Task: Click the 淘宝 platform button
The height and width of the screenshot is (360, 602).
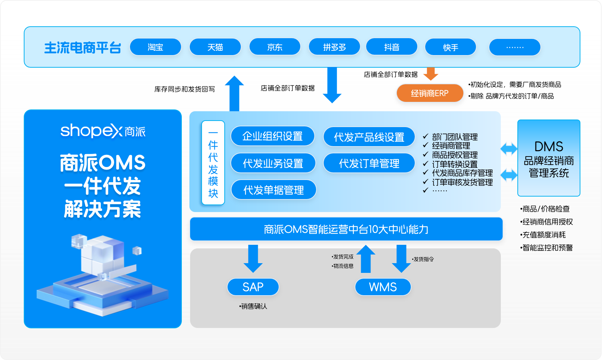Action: coord(155,47)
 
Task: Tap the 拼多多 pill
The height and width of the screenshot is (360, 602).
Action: coord(334,47)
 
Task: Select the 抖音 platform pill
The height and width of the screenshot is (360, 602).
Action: coord(392,47)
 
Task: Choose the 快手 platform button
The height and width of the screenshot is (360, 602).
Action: coord(450,47)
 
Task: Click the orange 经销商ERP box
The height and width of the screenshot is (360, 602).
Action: coord(430,93)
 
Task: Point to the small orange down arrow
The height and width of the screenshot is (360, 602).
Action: coord(431,74)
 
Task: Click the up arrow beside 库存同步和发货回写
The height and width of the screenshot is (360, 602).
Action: coord(234,93)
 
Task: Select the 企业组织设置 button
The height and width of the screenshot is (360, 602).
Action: coord(273,136)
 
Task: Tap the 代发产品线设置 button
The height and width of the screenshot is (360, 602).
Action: coord(369,137)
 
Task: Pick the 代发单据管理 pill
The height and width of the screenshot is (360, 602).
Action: coord(274,190)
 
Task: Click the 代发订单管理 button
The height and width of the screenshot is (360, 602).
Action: coord(369,163)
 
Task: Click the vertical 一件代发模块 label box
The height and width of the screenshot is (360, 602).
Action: coord(213,162)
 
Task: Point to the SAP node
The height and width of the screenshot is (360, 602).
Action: coord(253,287)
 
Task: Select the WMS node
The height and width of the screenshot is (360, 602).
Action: coord(383,287)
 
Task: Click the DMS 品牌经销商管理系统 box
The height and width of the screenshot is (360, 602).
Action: coord(549,158)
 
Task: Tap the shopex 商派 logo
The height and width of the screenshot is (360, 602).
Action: coord(103,131)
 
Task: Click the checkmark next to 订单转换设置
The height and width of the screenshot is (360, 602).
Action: coord(425,163)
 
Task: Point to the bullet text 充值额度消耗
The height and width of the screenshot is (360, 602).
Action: coord(543,235)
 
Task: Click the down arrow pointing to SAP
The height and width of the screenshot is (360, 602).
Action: coord(253,258)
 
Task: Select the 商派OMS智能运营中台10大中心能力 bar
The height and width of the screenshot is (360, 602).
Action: coord(346,229)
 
